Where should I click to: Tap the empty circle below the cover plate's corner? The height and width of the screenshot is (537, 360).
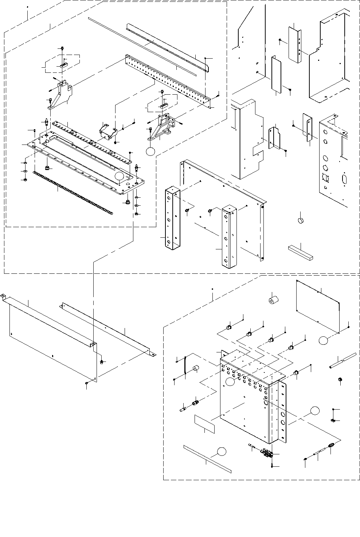click(323, 340)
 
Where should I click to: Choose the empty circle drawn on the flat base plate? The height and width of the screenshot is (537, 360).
click(119, 177)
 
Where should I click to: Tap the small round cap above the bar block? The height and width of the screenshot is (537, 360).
click(301, 220)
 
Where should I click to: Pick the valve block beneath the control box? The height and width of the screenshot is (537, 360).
click(268, 453)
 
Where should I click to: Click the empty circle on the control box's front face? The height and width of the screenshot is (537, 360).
click(230, 381)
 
